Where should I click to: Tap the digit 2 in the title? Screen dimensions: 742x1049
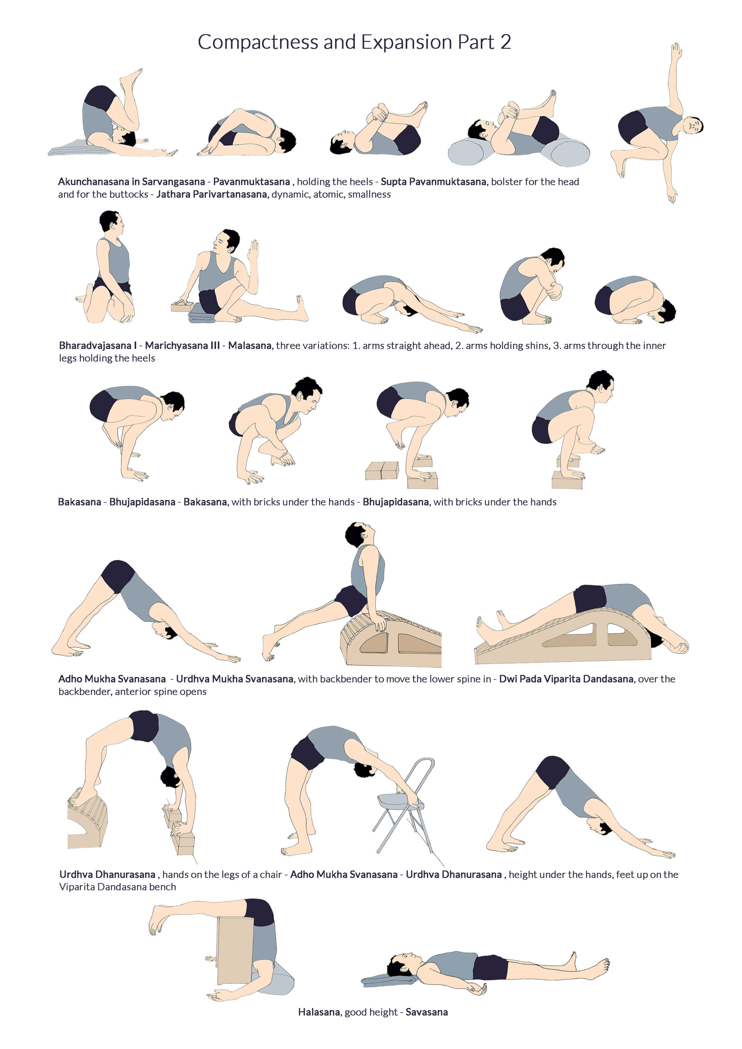pyautogui.click(x=505, y=42)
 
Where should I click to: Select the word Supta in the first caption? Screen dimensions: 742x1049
pyautogui.click(x=394, y=182)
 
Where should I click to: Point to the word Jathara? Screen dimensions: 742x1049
pyautogui.click(x=172, y=194)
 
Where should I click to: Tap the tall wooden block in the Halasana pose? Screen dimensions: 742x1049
pyautogui.click(x=235, y=950)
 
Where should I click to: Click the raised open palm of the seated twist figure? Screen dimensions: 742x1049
pyautogui.click(x=253, y=251)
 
